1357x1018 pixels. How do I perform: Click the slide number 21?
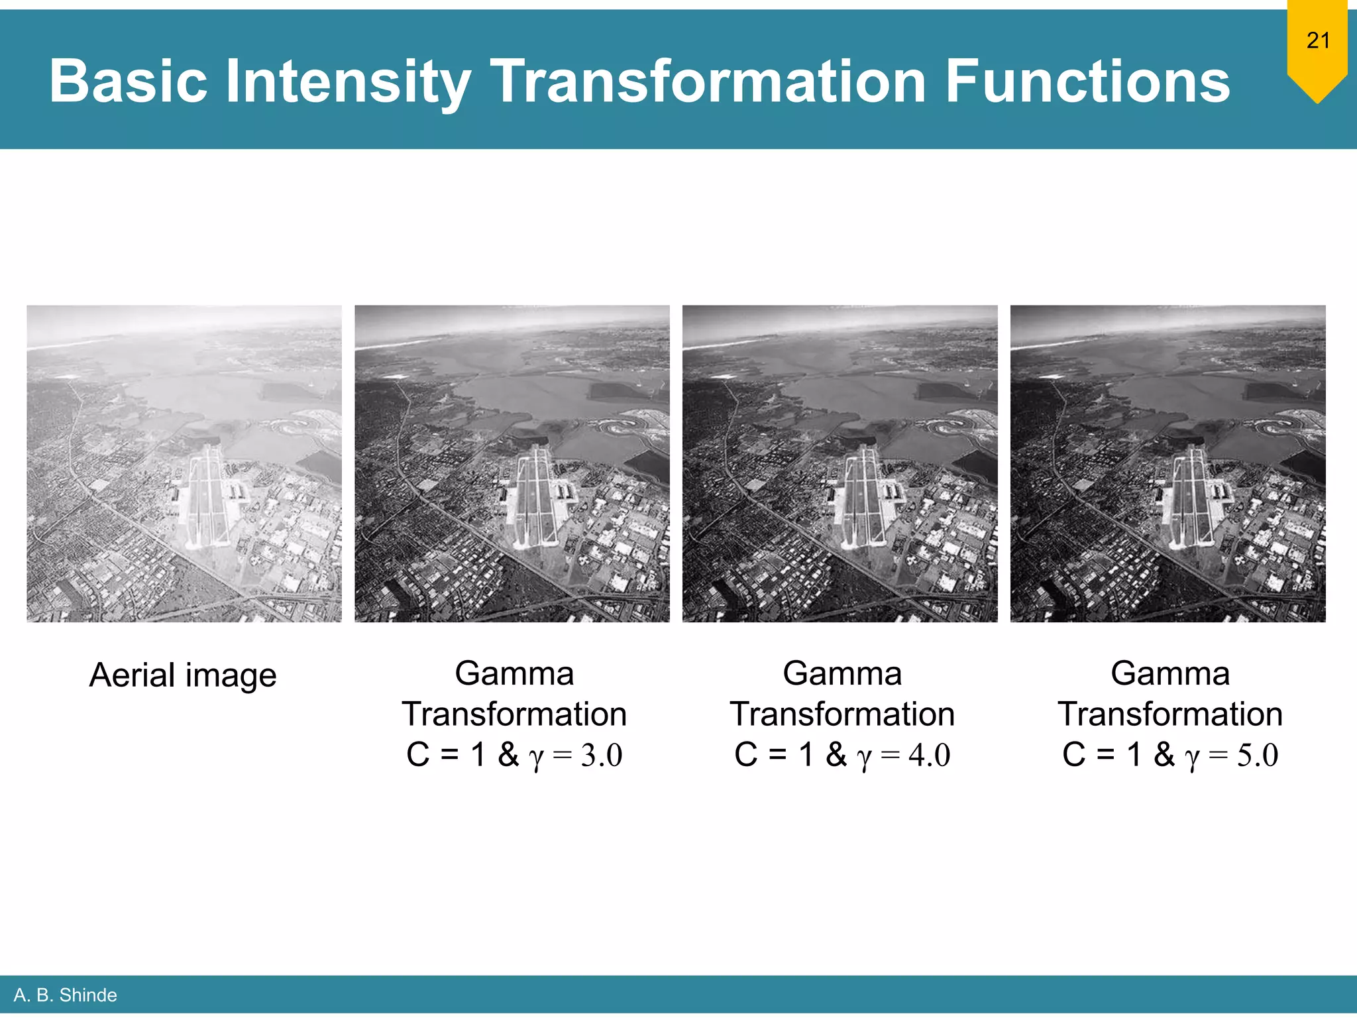(x=1318, y=40)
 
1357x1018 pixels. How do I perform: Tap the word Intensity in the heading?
(x=348, y=82)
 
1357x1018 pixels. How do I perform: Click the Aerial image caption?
(x=183, y=675)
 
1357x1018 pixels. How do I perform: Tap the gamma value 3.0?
(x=602, y=755)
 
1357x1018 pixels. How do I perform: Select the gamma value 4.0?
(x=930, y=755)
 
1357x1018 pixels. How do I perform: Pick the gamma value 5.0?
(x=1258, y=755)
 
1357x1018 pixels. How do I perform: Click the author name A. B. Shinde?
(x=65, y=995)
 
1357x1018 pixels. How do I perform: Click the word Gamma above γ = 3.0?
(x=514, y=673)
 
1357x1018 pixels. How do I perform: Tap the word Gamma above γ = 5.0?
(x=1170, y=673)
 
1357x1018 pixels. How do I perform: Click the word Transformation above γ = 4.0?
(x=842, y=714)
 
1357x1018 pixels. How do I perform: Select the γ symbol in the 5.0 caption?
(x=1192, y=756)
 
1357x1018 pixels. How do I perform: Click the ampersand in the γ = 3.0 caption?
(x=508, y=754)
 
